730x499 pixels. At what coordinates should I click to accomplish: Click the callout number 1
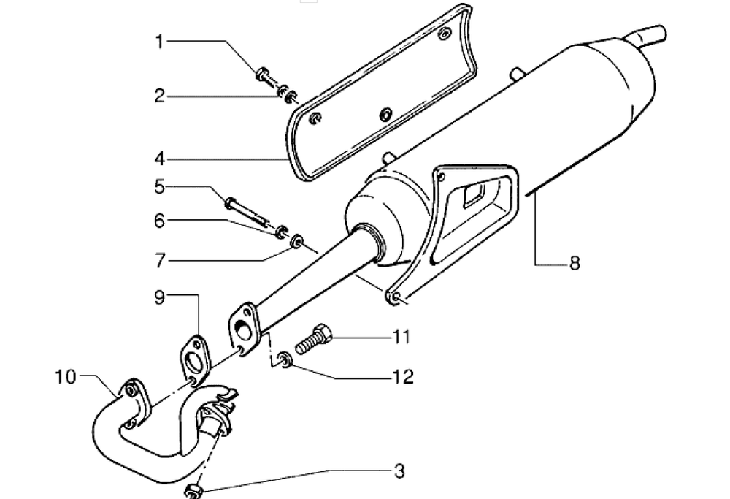click(159, 42)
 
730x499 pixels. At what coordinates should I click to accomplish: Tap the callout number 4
click(160, 159)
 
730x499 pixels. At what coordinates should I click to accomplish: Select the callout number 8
click(575, 263)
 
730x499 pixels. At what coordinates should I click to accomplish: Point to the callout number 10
click(65, 376)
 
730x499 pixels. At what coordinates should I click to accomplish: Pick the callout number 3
click(399, 471)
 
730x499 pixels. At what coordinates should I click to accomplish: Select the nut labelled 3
click(193, 491)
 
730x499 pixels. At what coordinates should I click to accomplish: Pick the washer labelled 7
click(296, 243)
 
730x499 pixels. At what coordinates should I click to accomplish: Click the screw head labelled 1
click(262, 74)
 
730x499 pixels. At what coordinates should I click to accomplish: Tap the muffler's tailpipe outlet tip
click(661, 34)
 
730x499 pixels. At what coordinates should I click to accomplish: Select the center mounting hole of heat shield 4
click(386, 114)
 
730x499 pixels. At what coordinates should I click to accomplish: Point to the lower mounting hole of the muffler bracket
click(395, 297)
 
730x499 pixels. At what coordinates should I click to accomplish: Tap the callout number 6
click(160, 221)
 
